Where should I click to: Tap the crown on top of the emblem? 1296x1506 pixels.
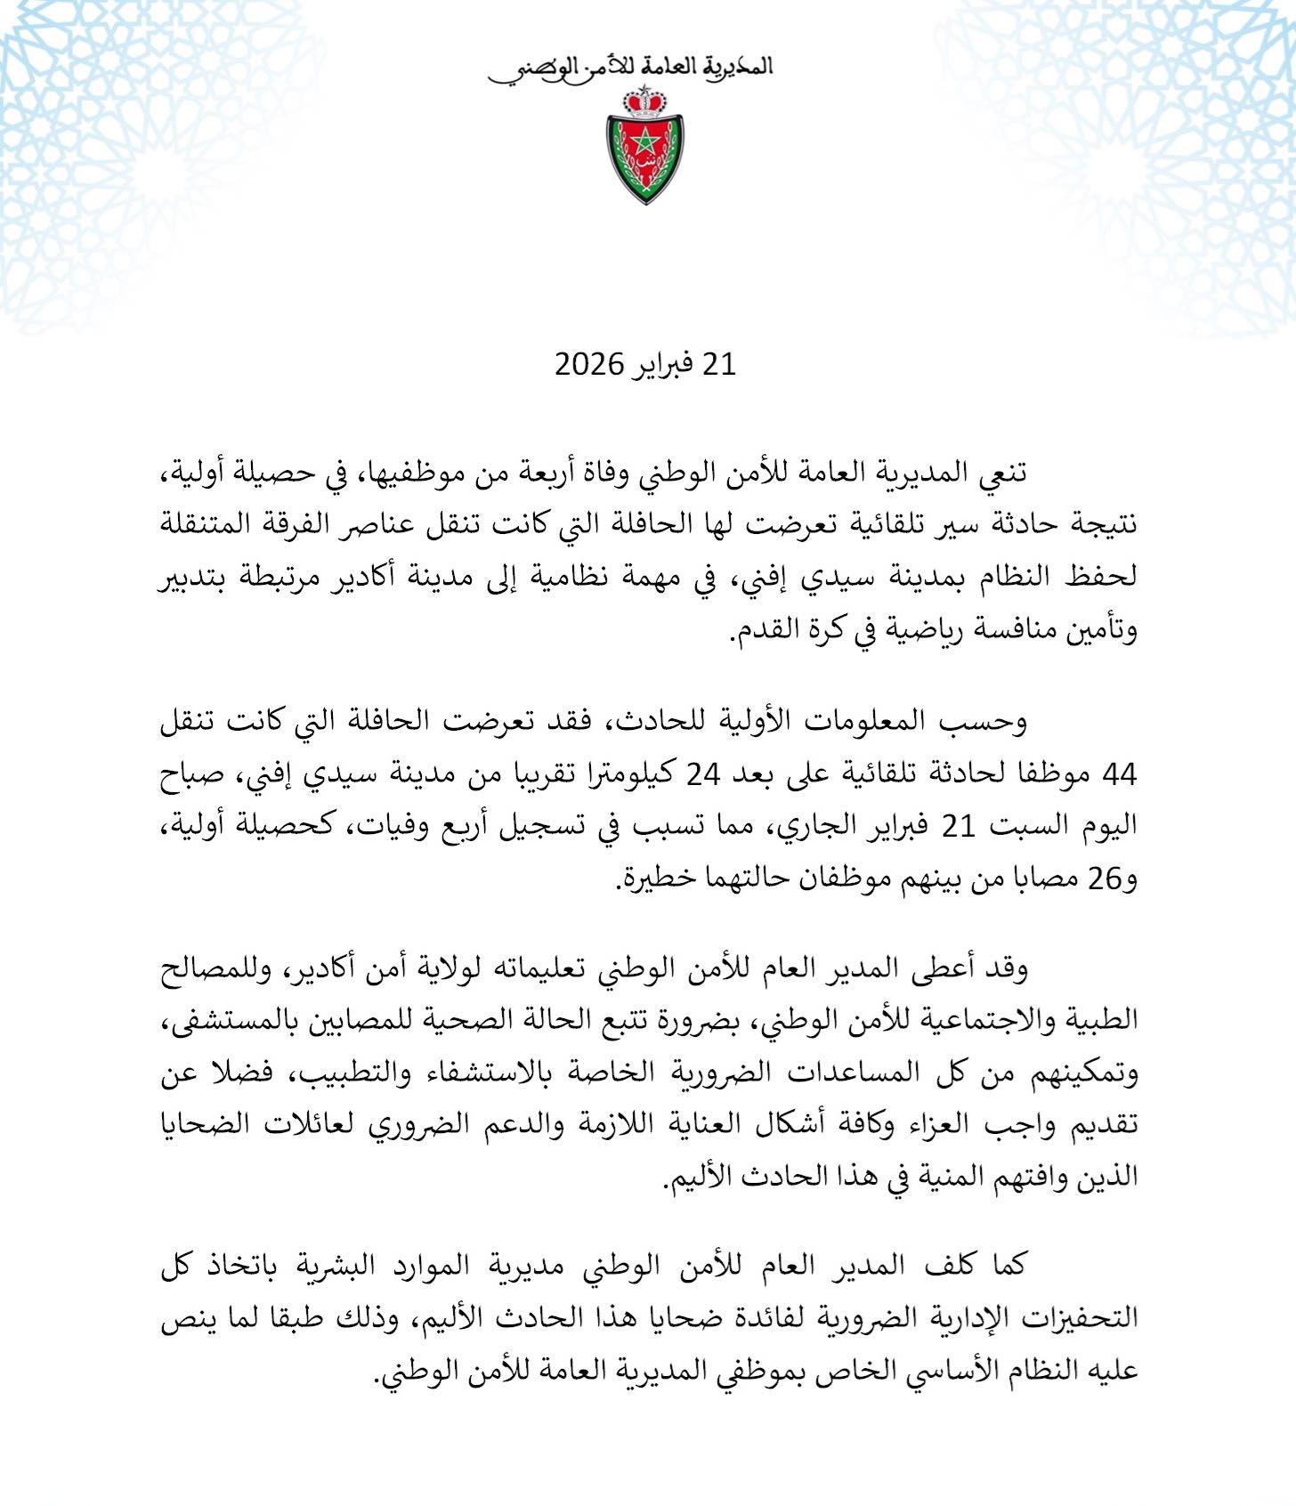coord(645,101)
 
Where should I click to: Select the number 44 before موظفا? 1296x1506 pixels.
coord(1119,774)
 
